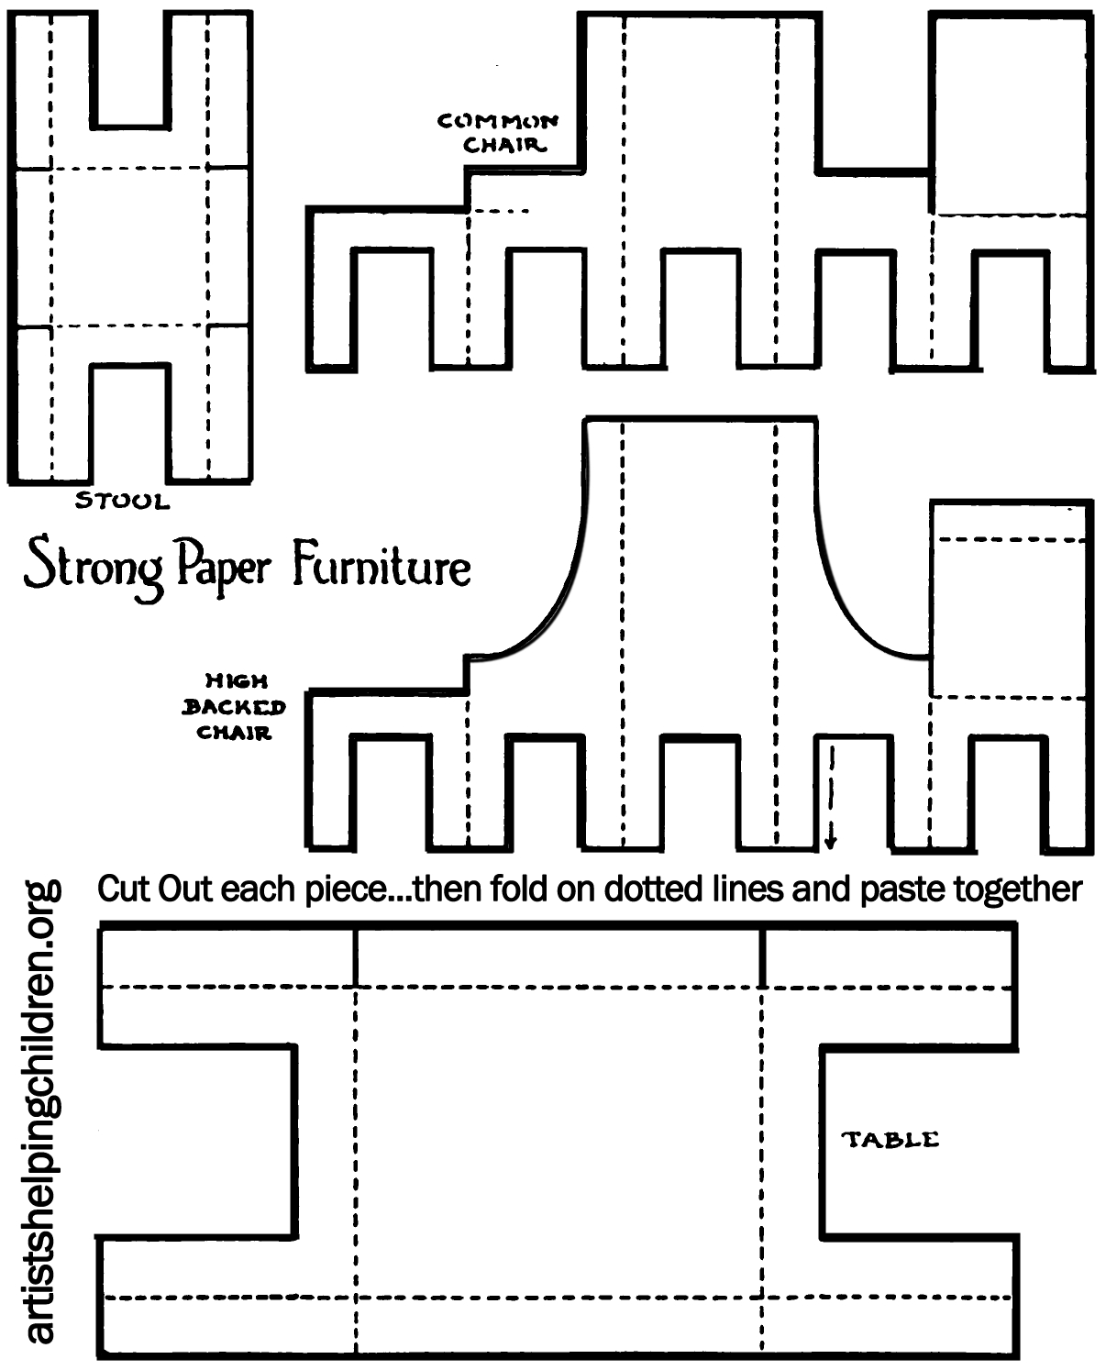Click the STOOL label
[122, 501]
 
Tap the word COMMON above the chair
[497, 121]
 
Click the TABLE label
[890, 1140]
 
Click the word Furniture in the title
[382, 566]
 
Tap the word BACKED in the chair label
[234, 707]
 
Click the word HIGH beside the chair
[236, 681]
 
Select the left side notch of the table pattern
[196, 1142]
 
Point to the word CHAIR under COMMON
[503, 145]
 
